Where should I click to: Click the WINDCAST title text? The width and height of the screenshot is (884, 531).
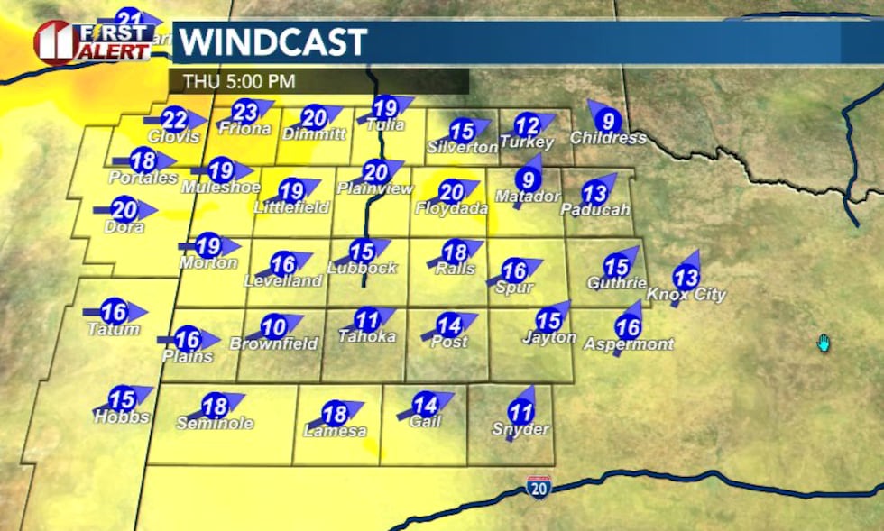[272, 42]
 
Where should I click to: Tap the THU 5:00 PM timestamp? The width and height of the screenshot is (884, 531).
[239, 81]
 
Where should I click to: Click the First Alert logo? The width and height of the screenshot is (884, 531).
[93, 41]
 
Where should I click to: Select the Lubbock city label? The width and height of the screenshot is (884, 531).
[362, 268]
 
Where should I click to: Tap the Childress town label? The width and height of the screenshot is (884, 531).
[608, 138]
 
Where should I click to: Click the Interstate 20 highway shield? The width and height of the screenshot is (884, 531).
[539, 489]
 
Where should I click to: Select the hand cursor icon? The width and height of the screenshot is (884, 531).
[823, 343]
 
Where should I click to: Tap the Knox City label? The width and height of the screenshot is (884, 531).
[686, 295]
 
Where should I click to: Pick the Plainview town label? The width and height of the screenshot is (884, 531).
[374, 188]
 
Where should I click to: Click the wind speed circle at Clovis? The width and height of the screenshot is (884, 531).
[175, 120]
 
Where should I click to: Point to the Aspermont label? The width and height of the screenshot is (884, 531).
[629, 344]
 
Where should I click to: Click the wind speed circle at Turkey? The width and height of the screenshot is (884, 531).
[527, 125]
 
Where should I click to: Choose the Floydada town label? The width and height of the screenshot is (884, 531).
[451, 209]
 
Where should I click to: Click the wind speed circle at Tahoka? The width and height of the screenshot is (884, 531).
[366, 319]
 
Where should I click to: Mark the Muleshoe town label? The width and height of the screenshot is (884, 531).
[221, 188]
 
